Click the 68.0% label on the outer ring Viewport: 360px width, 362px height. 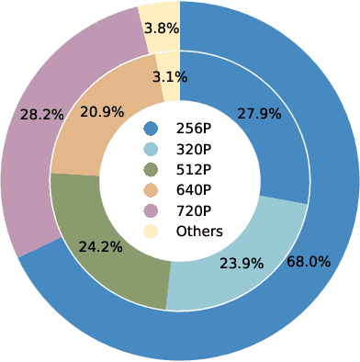309,262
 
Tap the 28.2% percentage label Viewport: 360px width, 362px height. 41,116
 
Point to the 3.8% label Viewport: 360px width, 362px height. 160,28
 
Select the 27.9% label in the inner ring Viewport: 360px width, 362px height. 260,114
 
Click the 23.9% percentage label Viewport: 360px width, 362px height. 242,263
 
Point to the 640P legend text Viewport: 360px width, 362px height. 194,189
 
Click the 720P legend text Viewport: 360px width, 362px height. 194,210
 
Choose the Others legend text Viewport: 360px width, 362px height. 199,231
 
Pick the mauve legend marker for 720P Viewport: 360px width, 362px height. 152,210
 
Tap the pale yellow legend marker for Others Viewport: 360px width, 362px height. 152,231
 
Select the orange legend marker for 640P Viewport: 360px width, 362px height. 152,189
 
